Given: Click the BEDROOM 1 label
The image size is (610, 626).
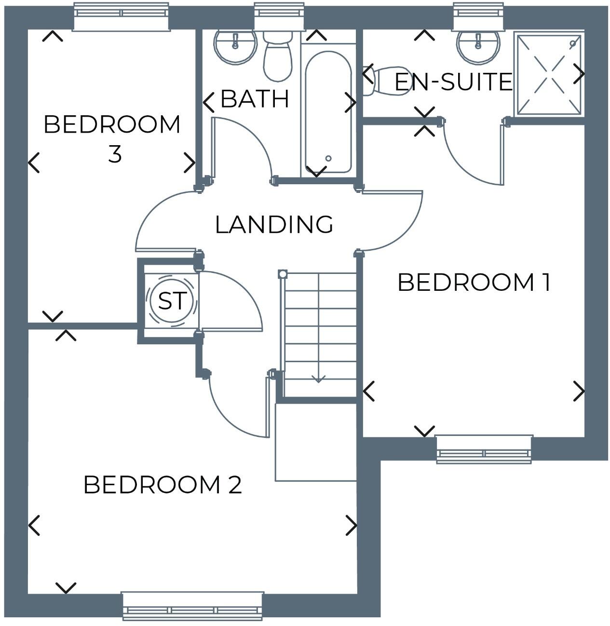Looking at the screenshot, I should point(474,283).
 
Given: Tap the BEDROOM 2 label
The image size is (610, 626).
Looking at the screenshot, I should point(163,485).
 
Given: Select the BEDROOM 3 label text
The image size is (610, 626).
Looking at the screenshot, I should point(112,138).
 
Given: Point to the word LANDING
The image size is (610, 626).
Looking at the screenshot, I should point(274,225).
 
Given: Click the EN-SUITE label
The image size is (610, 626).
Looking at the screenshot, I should point(453,82).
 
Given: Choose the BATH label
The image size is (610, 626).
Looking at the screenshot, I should point(255,99).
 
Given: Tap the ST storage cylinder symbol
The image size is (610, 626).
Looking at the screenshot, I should point(172,301).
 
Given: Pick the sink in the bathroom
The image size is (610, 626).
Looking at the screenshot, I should point(235,46).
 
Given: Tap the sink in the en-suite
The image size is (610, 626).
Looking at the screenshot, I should point(477,46).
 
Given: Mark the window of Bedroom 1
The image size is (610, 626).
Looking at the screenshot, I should point(484,449).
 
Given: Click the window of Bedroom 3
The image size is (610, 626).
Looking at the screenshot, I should point(121,16).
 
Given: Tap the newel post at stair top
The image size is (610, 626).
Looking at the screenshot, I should point(283,274).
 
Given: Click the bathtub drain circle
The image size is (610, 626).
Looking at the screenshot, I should point(328,158).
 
